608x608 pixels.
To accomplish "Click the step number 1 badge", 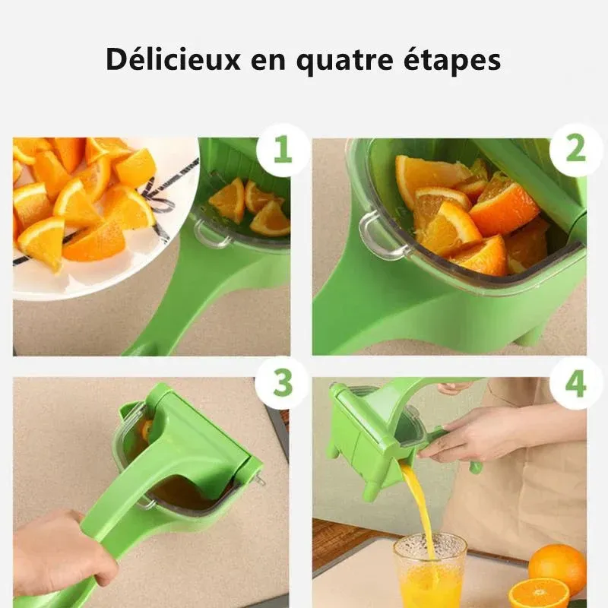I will pos(282,150).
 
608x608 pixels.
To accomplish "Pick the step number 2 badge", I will pos(575,150).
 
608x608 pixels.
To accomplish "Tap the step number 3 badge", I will pos(282,383).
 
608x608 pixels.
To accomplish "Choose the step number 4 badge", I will pos(575,383).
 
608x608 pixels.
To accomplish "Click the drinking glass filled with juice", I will pos(429,572).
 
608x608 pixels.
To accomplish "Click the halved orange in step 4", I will pos(539,593).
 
